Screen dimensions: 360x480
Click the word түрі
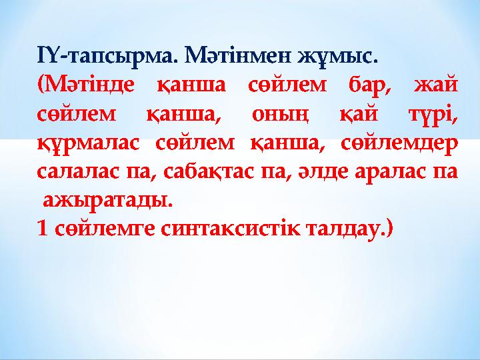tap(431, 115)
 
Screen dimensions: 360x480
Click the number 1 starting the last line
tap(43, 229)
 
